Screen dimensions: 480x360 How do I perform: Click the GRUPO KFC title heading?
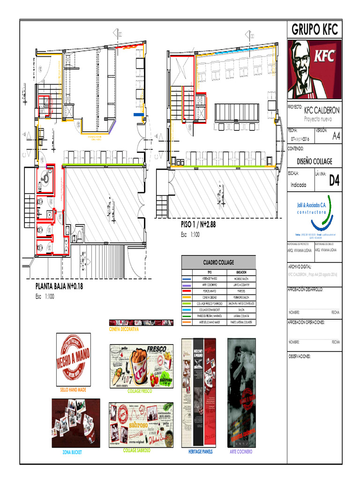314,30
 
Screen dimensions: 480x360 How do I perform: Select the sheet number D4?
334,181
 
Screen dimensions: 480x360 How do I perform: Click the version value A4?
336,137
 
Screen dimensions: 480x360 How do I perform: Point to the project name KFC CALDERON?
322,111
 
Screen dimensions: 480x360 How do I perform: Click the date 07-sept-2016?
300,139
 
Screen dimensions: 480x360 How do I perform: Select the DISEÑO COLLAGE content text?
315,161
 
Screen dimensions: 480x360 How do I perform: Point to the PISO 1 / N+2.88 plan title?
198,225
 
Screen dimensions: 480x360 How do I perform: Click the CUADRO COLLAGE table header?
218,262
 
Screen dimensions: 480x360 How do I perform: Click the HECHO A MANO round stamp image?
74,359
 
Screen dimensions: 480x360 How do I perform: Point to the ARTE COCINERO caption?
241,452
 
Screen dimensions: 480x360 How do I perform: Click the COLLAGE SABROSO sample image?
141,424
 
